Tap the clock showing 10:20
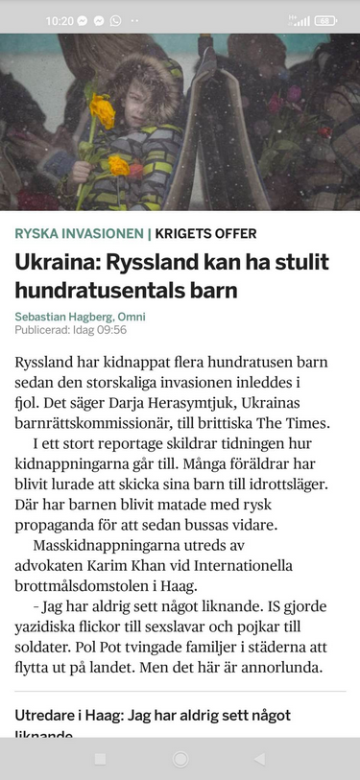[60, 20]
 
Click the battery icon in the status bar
[325, 20]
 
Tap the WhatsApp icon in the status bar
[115, 20]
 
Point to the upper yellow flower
[103, 111]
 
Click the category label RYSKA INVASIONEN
[78, 233]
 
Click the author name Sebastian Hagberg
[64, 317]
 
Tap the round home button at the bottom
[180, 759]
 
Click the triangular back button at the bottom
[258, 759]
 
